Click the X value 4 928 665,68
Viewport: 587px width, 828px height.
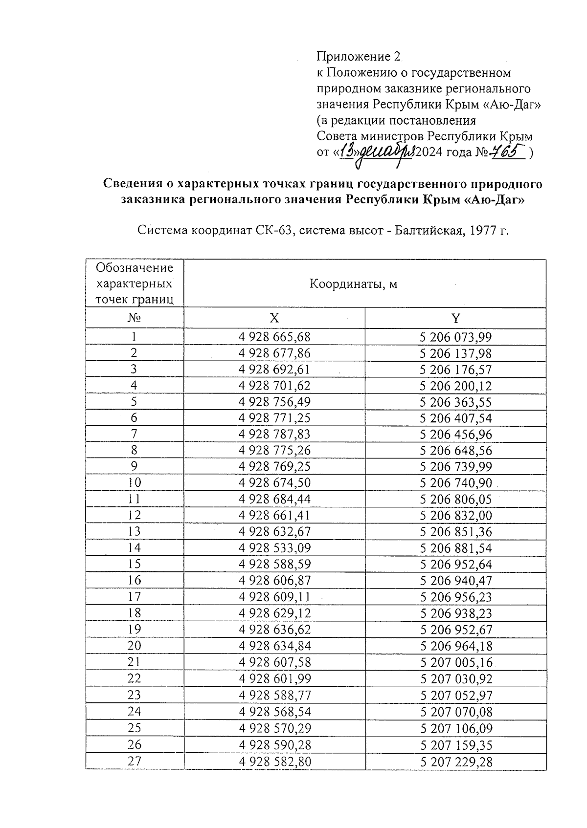coord(274,337)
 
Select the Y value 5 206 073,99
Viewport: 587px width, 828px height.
coord(455,337)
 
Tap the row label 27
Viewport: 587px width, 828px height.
coord(135,761)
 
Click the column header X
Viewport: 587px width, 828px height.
coord(274,318)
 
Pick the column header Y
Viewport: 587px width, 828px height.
coord(455,318)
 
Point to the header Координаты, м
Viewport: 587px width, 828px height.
coord(353,284)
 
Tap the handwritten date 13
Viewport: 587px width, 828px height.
coord(347,152)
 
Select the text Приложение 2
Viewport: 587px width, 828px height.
coord(359,57)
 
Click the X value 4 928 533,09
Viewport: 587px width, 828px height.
coord(274,548)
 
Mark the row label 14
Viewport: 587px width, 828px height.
coord(135,548)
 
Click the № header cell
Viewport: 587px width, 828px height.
coord(135,318)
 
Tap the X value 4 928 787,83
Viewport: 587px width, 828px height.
coord(274,434)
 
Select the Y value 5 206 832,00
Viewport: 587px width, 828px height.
coord(456,516)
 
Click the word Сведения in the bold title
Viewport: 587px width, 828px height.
coord(132,184)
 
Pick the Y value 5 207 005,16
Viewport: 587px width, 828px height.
coord(456,662)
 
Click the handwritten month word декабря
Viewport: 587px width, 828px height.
coord(386,153)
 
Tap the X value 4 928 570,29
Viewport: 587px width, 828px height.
coord(274,728)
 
